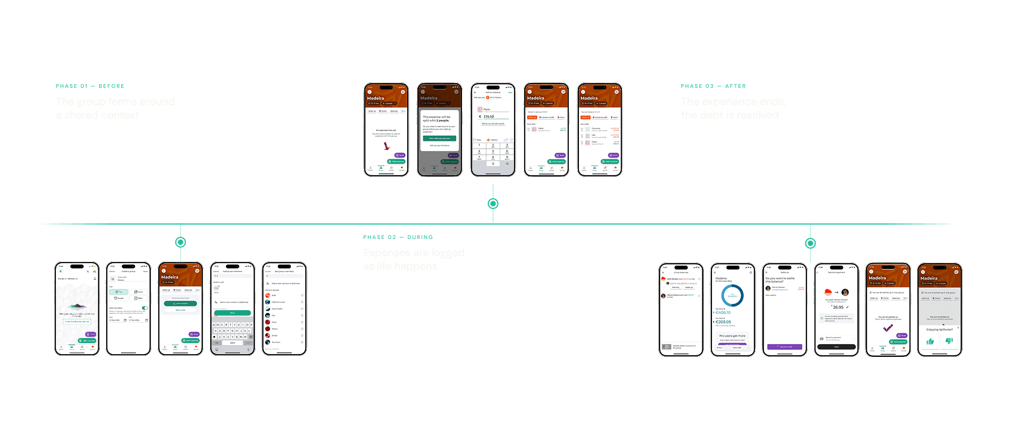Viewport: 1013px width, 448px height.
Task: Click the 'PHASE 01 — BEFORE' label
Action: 90,86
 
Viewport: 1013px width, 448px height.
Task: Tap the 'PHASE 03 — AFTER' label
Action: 713,86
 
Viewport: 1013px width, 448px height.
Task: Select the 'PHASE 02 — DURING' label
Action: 398,237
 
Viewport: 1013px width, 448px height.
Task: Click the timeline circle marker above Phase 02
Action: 493,204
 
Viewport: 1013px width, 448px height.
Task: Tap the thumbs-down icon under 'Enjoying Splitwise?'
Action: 949,341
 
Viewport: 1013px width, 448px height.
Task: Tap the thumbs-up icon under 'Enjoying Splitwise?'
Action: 930,341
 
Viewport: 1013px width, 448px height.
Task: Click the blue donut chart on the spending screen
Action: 732,295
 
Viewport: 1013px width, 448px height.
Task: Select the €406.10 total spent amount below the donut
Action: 723,312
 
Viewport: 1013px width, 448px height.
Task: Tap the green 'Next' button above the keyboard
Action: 232,313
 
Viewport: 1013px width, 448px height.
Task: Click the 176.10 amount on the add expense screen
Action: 488,116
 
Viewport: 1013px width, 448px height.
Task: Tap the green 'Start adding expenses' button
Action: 439,138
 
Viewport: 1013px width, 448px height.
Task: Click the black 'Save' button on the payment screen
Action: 836,347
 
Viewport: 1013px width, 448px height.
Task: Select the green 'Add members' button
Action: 180,303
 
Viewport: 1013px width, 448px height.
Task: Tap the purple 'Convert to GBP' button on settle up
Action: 784,347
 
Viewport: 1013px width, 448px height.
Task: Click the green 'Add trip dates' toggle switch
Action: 144,308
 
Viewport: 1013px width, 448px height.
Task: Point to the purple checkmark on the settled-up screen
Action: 888,327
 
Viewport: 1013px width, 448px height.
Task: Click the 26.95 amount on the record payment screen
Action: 838,307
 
